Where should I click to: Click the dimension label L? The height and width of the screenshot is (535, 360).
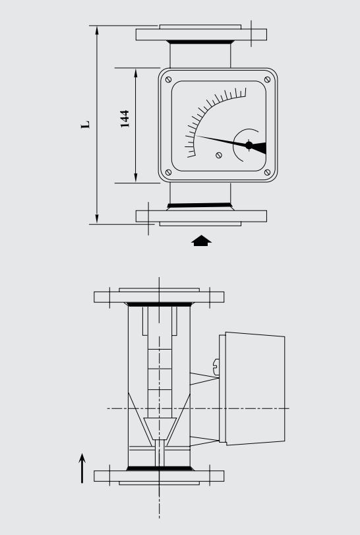(x=85, y=124)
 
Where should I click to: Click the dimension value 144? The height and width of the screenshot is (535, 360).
(x=124, y=119)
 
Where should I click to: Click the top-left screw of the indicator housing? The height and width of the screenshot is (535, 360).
(x=169, y=80)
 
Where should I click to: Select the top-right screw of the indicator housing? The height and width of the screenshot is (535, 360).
(x=267, y=80)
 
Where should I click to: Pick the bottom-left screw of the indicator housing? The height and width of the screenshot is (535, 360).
(x=169, y=173)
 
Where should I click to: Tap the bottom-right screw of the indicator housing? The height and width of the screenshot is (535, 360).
(x=267, y=173)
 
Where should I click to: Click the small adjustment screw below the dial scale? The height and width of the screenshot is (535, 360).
(x=219, y=156)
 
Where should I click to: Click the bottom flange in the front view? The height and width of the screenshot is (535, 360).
(x=201, y=216)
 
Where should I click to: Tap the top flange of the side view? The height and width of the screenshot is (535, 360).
(x=159, y=296)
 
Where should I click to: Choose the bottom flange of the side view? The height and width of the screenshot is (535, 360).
(x=159, y=475)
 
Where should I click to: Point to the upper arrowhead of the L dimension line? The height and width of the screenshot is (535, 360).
(x=97, y=30)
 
